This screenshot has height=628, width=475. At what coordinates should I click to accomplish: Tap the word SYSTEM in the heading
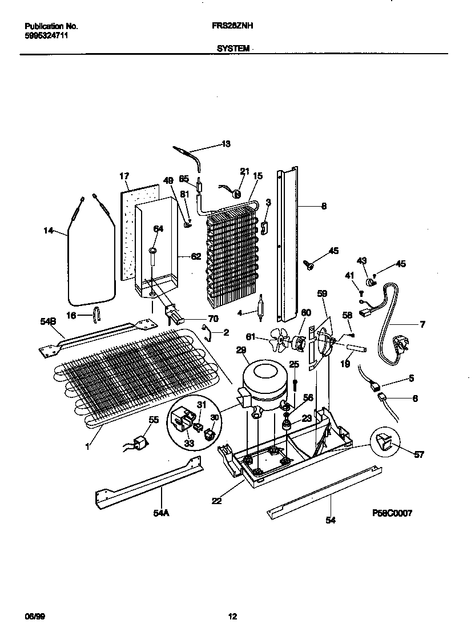pyautogui.click(x=233, y=49)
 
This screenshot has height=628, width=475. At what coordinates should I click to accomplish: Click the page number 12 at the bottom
pyautogui.click(x=232, y=616)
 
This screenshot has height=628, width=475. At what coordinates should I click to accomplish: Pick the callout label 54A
pyautogui.click(x=162, y=513)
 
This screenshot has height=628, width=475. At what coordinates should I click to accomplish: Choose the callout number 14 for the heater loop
pyautogui.click(x=50, y=231)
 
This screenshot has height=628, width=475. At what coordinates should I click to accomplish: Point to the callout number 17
pyautogui.click(x=124, y=176)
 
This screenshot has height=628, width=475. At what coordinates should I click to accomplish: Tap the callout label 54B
pyautogui.click(x=49, y=322)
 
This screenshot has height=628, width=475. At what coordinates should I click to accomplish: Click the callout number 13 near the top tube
pyautogui.click(x=226, y=144)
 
